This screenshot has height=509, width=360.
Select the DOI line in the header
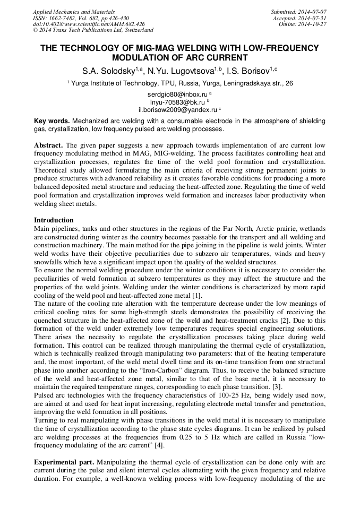(x=89, y=24)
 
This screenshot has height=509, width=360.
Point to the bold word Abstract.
(x=49, y=145)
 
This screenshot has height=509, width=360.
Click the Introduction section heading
(x=54, y=220)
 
